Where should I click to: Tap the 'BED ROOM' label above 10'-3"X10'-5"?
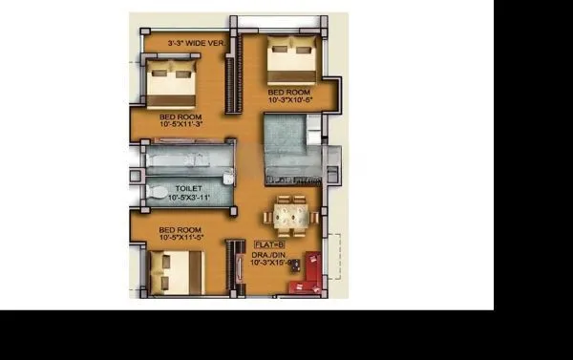coord(289,93)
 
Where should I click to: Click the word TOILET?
coord(187,189)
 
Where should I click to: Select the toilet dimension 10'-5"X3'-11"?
coord(187,198)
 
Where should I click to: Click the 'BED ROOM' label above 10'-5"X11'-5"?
coord(180,230)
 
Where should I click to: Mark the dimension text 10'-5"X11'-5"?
coord(180,239)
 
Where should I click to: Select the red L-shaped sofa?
coord(311,272)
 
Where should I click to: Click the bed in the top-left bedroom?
coord(172,84)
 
